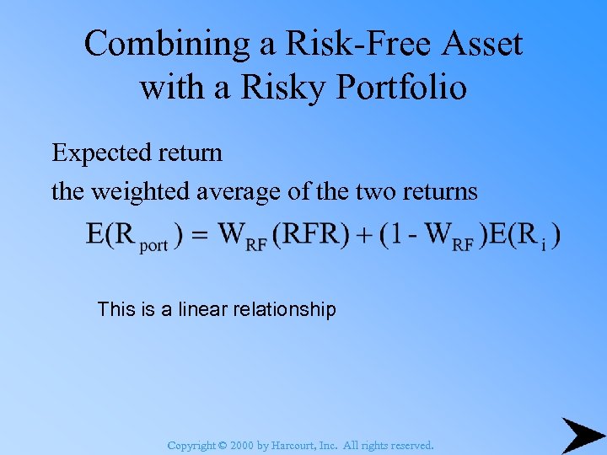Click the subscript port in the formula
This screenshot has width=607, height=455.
pos(153,245)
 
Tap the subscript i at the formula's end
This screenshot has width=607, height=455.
pos(544,245)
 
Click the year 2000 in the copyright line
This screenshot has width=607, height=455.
pos(242,445)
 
